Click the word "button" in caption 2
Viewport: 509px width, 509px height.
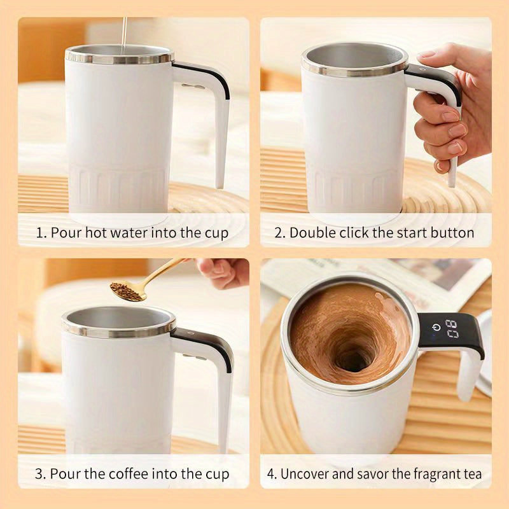[x=451, y=233]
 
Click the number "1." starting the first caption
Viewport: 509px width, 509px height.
[x=41, y=233]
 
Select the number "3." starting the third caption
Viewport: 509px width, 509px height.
[x=41, y=474]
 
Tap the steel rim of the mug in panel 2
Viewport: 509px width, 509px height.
[x=354, y=69]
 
